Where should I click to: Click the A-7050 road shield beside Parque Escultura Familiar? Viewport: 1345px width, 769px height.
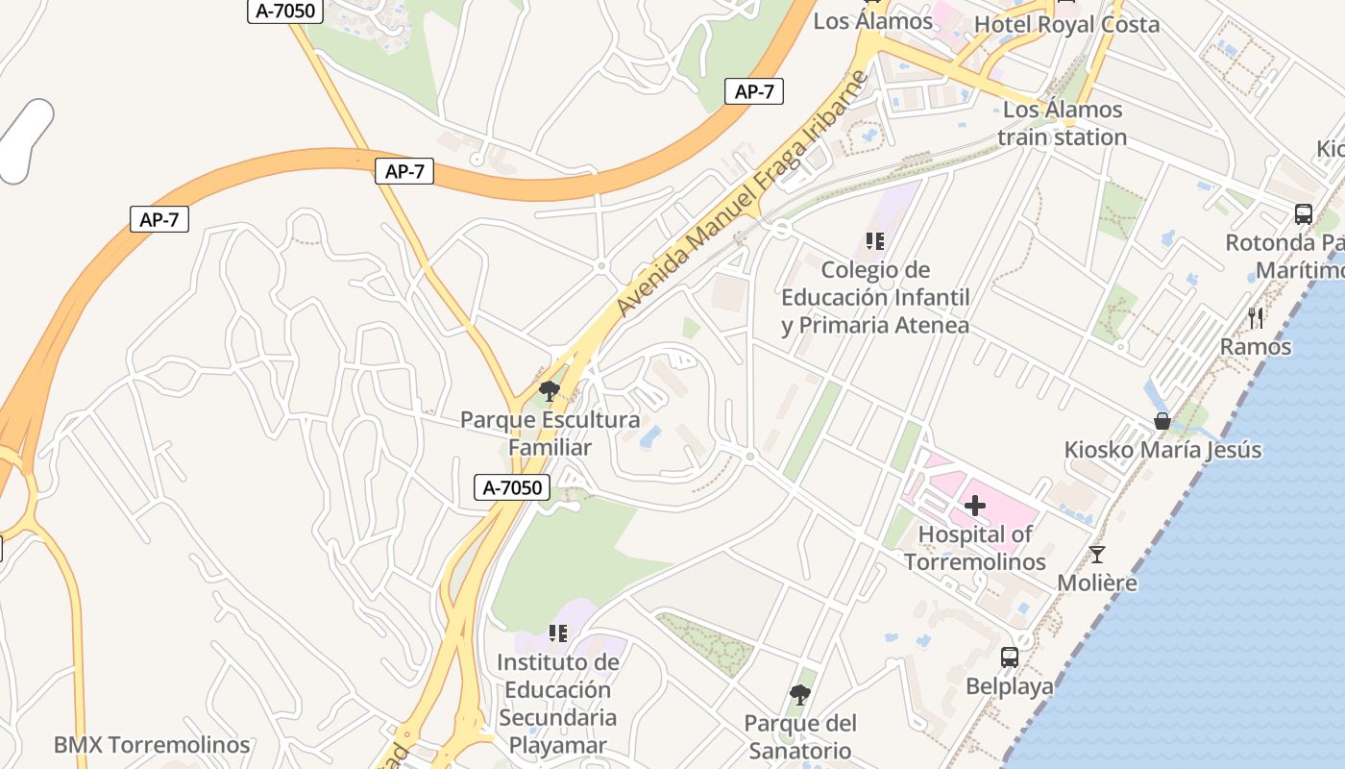tap(512, 487)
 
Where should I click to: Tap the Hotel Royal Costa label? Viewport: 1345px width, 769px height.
tap(1066, 25)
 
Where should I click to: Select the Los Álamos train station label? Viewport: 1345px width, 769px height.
tap(1062, 123)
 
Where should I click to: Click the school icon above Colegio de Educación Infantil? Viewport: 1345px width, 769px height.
tap(874, 241)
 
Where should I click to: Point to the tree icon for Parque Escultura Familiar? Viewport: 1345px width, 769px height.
tap(550, 391)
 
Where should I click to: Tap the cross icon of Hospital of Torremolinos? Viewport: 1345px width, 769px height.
tap(975, 505)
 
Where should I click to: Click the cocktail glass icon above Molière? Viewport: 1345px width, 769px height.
tap(1096, 555)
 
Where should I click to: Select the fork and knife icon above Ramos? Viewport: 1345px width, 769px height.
tap(1256, 317)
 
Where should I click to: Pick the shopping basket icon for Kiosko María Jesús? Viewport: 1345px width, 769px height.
tap(1162, 421)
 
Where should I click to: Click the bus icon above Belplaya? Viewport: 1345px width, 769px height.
tap(1009, 657)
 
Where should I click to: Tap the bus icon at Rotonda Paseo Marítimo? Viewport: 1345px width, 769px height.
tap(1304, 213)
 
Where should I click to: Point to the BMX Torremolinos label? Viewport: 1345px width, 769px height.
tap(152, 745)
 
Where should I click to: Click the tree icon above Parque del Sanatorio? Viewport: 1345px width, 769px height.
tap(798, 694)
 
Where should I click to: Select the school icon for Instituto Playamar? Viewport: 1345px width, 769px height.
tap(557, 633)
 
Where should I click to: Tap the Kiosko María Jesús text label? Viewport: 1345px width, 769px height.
tap(1162, 450)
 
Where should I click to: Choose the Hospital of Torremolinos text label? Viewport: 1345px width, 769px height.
tap(975, 548)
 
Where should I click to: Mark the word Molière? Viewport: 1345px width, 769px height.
tap(1097, 583)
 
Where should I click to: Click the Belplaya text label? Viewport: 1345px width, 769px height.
tap(1009, 686)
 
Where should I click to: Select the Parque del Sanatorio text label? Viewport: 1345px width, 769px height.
tap(799, 736)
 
